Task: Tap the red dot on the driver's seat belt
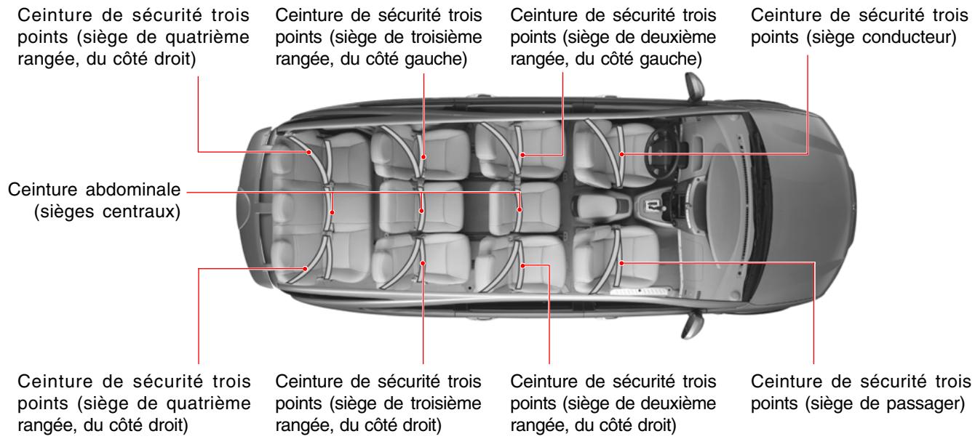click(x=623, y=154)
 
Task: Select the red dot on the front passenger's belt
click(x=623, y=264)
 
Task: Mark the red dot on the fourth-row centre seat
click(x=332, y=212)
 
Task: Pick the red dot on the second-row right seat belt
click(x=522, y=266)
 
